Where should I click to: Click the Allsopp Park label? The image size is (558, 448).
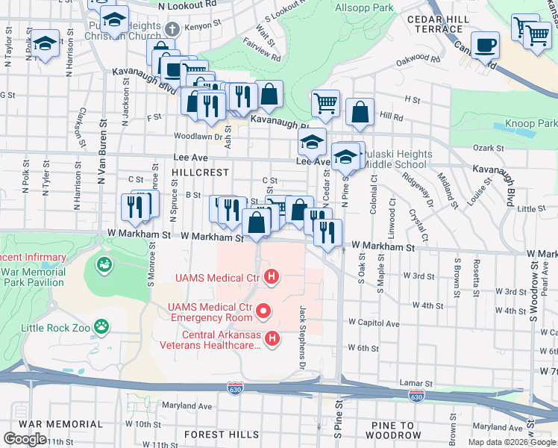click(x=363, y=7)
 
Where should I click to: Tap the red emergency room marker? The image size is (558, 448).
click(x=263, y=309)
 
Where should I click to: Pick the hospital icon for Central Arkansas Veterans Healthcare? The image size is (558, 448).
click(x=272, y=340)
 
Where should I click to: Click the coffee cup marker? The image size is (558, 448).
click(x=486, y=44)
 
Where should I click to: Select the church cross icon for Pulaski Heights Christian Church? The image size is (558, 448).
click(x=172, y=30)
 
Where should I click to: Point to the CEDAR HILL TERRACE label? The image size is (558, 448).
click(x=433, y=23)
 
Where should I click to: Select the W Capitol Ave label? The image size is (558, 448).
click(x=373, y=324)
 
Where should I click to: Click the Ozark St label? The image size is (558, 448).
click(x=489, y=149)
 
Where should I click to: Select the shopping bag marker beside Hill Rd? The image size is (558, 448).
click(x=360, y=112)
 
